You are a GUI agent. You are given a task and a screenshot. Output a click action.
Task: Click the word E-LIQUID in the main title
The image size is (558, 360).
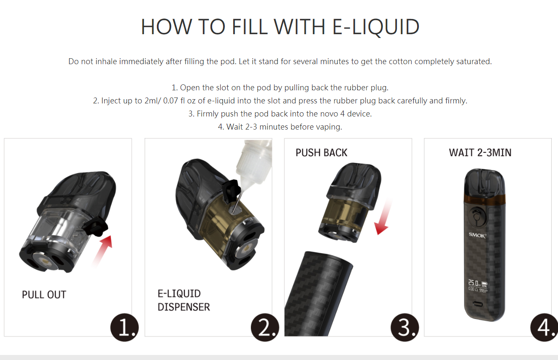coord(376,27)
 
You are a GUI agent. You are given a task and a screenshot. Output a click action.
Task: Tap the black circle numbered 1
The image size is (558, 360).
coord(124,328)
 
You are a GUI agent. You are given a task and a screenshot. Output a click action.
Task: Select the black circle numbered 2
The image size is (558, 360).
coord(265,328)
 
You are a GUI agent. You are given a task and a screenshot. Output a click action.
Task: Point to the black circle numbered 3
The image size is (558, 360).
coord(405,328)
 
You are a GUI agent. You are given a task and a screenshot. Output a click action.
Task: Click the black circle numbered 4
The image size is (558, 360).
coord(545,328)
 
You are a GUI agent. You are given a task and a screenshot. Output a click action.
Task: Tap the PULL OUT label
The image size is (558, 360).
coord(44,295)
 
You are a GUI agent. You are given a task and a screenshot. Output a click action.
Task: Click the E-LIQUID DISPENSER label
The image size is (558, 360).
coord(184,300)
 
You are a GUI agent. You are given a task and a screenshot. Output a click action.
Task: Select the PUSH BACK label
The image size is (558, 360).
coord(321,153)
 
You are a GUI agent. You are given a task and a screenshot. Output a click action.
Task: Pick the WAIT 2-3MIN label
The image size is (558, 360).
coord(480,153)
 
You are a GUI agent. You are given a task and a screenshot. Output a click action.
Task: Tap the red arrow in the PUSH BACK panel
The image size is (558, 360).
coord(383,217)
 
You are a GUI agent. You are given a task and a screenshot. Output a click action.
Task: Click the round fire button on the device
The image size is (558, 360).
coord(477,216)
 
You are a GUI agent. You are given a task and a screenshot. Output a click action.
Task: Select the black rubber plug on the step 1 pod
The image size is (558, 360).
coord(95,226)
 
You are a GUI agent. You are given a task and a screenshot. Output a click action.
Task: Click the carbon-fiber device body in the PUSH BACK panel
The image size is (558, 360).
coord(318,294)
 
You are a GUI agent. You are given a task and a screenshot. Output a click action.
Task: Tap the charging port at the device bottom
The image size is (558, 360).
coord(477,304)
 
